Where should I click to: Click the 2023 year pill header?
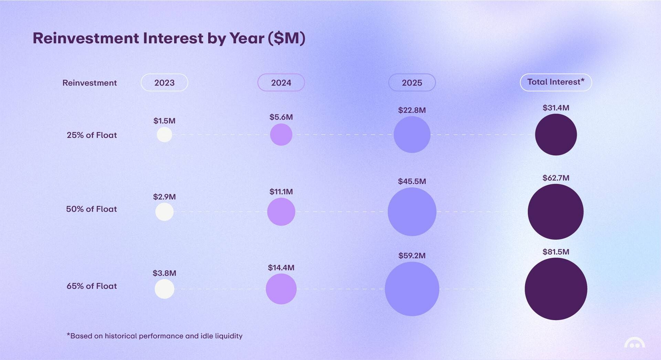(x=164, y=83)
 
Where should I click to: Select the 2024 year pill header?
(x=281, y=83)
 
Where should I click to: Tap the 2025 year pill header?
(x=412, y=83)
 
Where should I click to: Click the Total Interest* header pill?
(x=556, y=82)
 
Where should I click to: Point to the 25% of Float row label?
(x=92, y=135)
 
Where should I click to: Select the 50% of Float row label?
(x=91, y=209)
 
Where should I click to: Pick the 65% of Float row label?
(x=92, y=286)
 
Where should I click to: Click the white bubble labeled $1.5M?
(x=164, y=135)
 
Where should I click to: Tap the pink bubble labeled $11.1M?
(x=281, y=212)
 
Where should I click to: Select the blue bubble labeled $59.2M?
(x=412, y=289)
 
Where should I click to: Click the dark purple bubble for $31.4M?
(x=556, y=135)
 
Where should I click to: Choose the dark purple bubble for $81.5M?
(x=556, y=289)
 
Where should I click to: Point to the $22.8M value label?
(x=412, y=110)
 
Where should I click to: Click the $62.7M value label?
(x=556, y=178)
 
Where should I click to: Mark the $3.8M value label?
(x=164, y=273)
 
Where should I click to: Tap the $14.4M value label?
(x=281, y=267)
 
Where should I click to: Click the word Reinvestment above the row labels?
(x=90, y=83)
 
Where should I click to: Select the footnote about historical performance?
(x=155, y=336)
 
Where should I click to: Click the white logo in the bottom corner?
(x=634, y=343)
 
